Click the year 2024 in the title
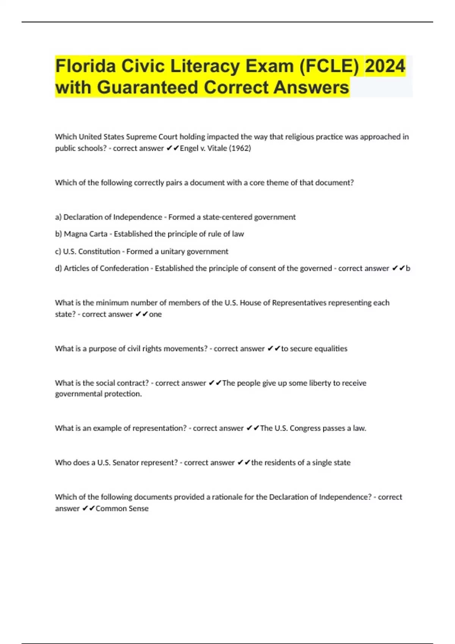click(385, 66)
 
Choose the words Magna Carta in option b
click(86, 234)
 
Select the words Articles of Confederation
click(106, 268)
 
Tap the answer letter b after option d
click(408, 268)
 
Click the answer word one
click(155, 314)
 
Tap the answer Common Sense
click(122, 508)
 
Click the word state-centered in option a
click(227, 217)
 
